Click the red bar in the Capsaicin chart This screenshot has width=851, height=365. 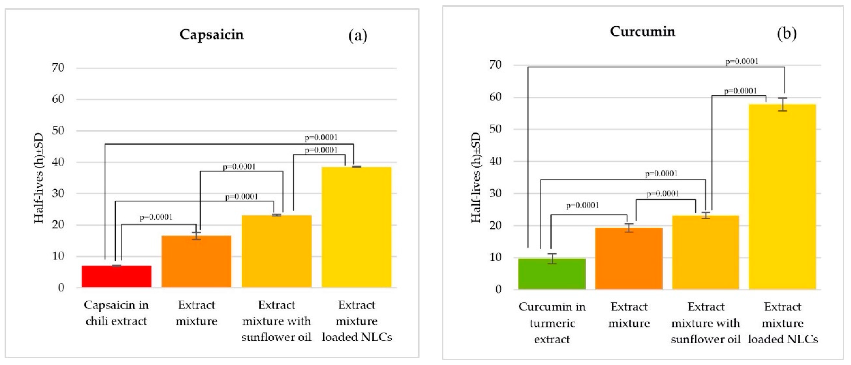coord(116,277)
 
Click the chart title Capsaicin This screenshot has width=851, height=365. coord(211,35)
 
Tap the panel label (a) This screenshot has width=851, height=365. coord(358,36)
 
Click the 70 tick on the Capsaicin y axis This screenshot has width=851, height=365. coord(58,68)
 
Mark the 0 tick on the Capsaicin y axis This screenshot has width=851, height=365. coord(61,288)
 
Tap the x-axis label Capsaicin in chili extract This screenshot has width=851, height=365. coord(116,313)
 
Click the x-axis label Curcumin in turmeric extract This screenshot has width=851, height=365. coord(552,323)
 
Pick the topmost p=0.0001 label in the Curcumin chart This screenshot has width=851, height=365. coord(742,61)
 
